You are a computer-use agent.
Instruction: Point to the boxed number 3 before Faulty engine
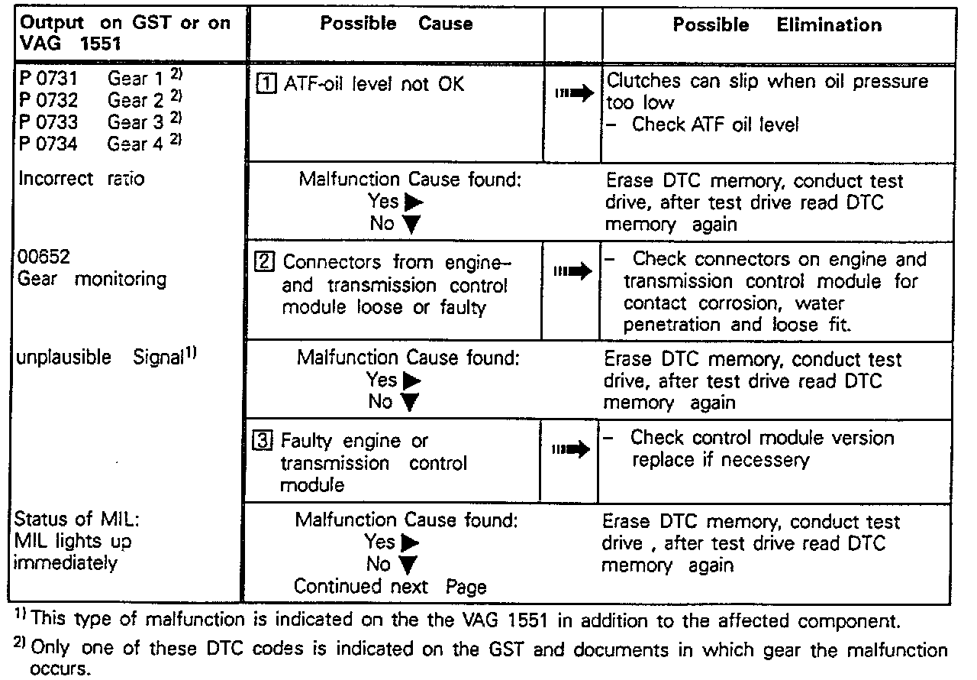(263, 441)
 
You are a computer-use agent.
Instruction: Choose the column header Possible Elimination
(776, 24)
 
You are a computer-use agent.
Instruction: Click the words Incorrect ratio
(80, 179)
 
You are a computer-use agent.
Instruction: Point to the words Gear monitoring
(91, 279)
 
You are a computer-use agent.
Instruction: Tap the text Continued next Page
(390, 587)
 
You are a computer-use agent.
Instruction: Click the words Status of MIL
(76, 520)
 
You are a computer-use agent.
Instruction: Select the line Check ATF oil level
(714, 125)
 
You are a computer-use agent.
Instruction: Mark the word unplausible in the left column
(63, 358)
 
